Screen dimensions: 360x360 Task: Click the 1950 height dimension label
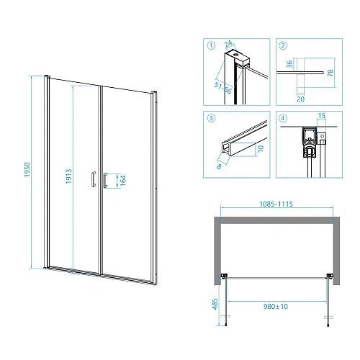27,170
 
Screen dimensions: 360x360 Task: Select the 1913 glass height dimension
69,176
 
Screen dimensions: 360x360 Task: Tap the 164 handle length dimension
123,181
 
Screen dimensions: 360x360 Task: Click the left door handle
94,179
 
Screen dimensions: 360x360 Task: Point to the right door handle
105,180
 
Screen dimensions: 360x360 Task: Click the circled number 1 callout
211,45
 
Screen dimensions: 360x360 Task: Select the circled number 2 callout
283,45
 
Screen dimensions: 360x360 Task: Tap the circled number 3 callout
211,118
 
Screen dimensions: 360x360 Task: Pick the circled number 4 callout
283,118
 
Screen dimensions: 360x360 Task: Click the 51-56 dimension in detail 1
222,88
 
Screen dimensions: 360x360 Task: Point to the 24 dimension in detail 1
228,44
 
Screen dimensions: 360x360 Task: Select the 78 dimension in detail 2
330,73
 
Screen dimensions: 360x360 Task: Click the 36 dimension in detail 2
289,64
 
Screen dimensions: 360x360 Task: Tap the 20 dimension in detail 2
301,99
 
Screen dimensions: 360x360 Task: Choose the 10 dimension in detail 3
261,148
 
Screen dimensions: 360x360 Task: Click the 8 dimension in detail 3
219,166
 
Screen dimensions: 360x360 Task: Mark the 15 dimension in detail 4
322,116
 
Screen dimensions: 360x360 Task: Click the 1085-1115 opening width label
276,204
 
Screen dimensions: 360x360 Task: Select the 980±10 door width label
276,307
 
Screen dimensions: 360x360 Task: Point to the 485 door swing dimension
215,304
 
